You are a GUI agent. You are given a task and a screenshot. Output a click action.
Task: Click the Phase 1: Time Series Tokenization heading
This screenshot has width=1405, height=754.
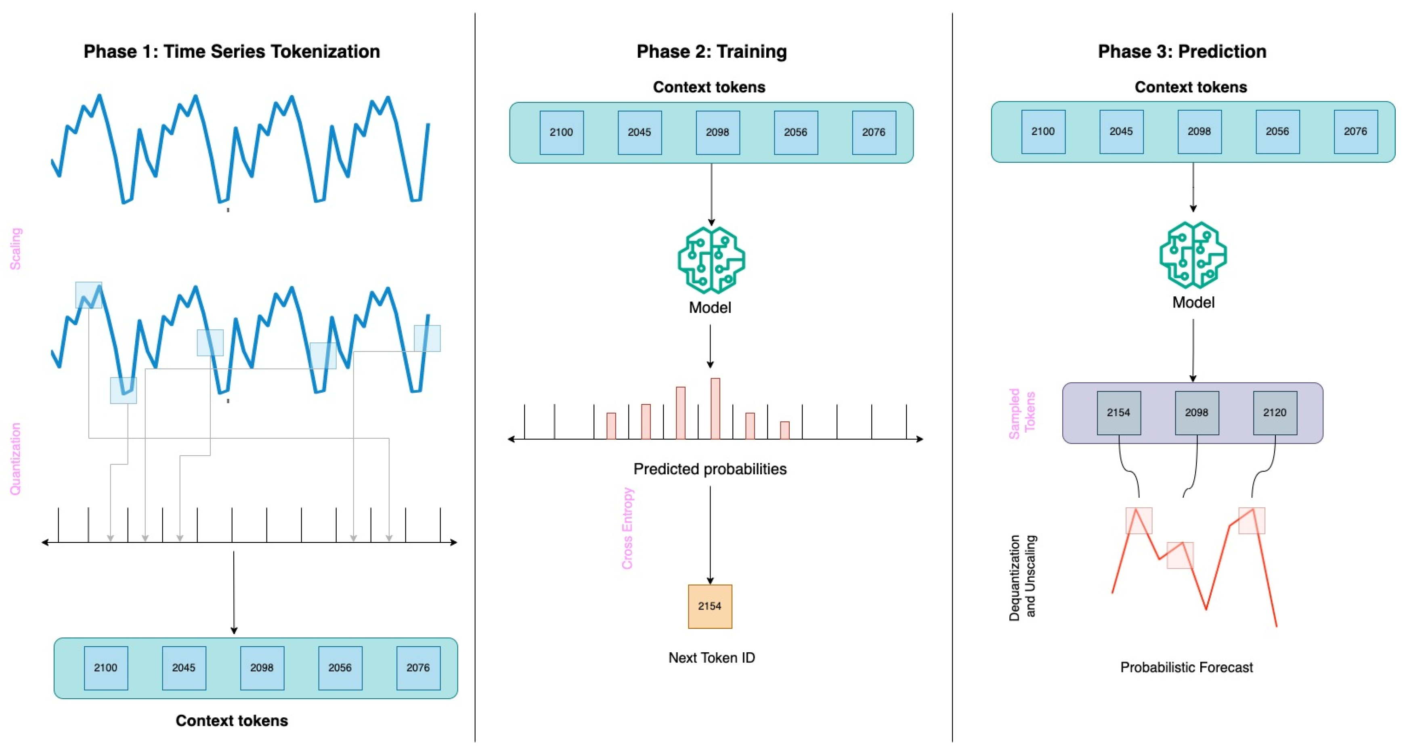tap(231, 51)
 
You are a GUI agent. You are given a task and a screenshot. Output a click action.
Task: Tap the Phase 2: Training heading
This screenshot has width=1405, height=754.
tap(711, 51)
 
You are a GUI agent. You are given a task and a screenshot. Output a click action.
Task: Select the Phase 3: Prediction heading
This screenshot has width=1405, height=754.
tap(1181, 51)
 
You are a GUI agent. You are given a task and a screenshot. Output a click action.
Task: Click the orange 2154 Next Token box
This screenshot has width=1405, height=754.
tap(710, 606)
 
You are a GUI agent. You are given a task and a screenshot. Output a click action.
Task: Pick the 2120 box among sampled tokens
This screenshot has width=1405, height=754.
tap(1274, 413)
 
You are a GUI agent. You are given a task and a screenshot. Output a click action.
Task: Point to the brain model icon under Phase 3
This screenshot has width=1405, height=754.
tap(1193, 255)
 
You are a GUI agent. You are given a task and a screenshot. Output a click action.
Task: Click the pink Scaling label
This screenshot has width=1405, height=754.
tap(15, 249)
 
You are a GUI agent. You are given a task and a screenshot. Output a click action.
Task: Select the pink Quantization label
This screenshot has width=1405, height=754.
tap(15, 459)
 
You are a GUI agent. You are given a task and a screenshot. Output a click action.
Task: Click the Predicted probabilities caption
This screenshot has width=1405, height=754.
tap(710, 469)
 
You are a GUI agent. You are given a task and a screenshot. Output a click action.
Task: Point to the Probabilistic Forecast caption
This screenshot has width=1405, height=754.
tap(1186, 667)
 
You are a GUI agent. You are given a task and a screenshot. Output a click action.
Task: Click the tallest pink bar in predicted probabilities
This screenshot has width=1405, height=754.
tap(715, 408)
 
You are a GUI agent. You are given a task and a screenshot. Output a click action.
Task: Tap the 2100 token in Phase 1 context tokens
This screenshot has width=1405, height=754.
tap(106, 668)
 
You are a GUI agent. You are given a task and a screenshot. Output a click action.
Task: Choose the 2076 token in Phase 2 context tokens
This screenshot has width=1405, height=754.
tap(873, 132)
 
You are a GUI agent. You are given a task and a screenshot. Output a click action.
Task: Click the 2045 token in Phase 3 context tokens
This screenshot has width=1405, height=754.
tap(1121, 132)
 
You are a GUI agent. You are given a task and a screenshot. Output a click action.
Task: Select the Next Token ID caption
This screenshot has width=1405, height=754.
tap(711, 658)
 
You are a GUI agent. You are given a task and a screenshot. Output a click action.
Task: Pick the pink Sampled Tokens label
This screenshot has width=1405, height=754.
tap(1021, 413)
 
